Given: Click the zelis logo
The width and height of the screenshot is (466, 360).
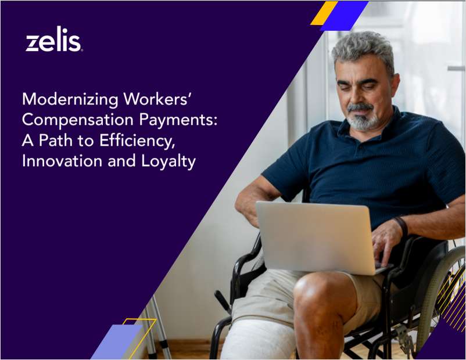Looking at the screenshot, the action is (x=54, y=39).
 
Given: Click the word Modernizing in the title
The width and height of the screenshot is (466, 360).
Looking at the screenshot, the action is (x=70, y=99).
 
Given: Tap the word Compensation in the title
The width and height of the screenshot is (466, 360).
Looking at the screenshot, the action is (x=77, y=120).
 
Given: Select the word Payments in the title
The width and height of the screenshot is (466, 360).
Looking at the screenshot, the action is (x=178, y=120).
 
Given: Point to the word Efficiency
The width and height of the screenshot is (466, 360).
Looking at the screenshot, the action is (x=137, y=140).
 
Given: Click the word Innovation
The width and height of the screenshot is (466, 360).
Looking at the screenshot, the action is (x=62, y=161).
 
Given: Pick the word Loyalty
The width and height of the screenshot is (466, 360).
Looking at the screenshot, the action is (x=169, y=161).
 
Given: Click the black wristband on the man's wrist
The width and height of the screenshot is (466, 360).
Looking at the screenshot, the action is (x=402, y=226).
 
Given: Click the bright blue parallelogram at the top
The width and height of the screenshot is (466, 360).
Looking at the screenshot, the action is (x=345, y=16).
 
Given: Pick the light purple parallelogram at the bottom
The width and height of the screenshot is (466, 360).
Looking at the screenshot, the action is (x=117, y=341).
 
